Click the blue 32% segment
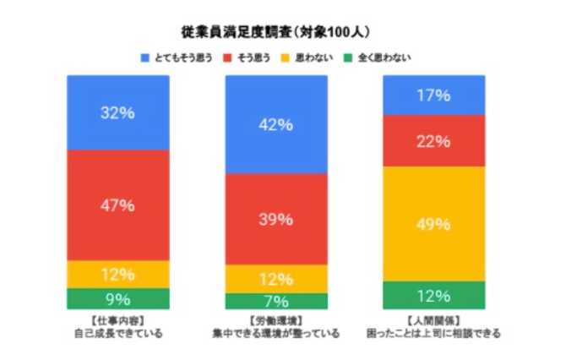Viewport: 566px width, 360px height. (x=117, y=112)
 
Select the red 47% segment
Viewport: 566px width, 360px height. (x=117, y=205)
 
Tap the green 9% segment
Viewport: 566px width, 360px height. (x=117, y=298)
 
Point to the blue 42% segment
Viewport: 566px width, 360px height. (x=276, y=124)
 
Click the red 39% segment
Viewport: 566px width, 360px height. (x=276, y=220)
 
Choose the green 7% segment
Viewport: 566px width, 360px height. (x=276, y=301)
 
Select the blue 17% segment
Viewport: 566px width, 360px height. (x=433, y=95)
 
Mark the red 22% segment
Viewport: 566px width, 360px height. (x=433, y=140)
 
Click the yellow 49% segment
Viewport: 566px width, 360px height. (x=433, y=224)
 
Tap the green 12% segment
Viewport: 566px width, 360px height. (x=433, y=295)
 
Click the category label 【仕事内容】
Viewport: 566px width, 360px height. (x=117, y=322)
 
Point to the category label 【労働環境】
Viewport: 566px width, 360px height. (x=276, y=322)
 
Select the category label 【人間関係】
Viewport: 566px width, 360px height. (x=433, y=322)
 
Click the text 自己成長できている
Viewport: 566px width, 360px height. (x=117, y=334)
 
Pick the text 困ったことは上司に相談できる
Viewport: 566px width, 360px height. (x=433, y=334)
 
